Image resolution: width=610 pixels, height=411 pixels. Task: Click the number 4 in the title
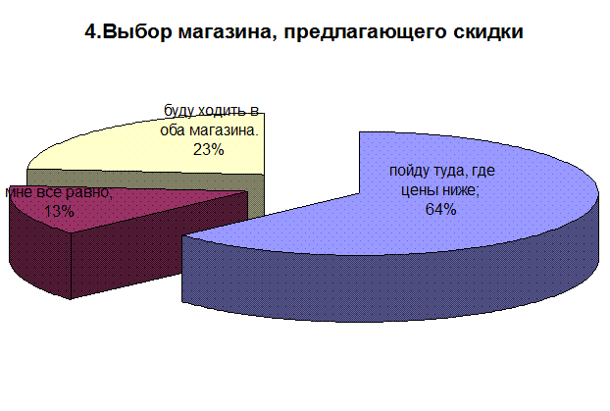(90, 31)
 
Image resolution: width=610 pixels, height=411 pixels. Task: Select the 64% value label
(440, 209)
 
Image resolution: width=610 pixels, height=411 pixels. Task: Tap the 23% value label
(209, 149)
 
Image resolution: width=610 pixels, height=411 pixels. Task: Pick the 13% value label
(59, 211)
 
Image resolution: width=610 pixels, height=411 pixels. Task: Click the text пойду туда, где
(442, 172)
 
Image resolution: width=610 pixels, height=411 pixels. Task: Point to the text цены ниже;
(440, 190)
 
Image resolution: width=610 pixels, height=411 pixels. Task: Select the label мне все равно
(59, 192)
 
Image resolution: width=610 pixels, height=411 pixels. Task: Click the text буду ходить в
(211, 111)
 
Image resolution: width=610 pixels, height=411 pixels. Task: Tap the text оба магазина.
(209, 130)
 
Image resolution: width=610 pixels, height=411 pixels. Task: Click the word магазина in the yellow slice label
(224, 130)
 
